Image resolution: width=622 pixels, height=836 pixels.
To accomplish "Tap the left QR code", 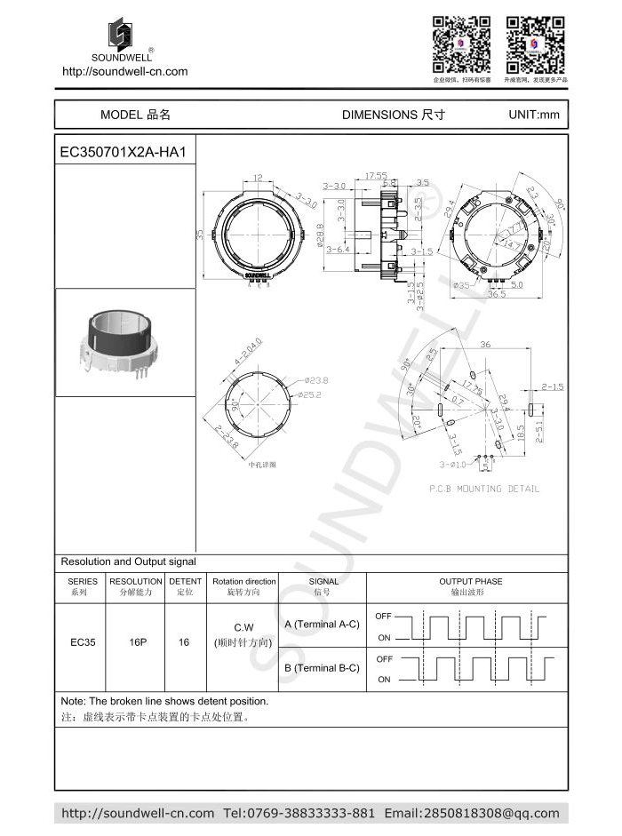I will click(x=461, y=44).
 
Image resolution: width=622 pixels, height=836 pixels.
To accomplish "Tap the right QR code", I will click(x=535, y=44).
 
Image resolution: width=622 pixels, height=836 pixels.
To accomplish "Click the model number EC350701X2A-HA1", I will click(x=122, y=152).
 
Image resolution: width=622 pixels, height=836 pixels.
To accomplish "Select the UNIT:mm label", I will click(x=534, y=115).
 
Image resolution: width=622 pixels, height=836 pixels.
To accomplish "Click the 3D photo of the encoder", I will click(x=125, y=342).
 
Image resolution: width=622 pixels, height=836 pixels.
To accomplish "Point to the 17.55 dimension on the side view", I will click(x=376, y=176).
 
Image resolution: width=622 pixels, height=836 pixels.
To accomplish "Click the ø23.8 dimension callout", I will click(x=316, y=380).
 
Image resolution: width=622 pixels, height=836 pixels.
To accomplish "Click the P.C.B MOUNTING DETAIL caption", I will click(x=483, y=489).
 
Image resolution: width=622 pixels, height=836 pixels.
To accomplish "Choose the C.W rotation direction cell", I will click(x=243, y=627).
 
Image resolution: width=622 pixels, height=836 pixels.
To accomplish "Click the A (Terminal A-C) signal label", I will click(x=322, y=625).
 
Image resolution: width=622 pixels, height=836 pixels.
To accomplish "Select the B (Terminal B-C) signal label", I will click(x=322, y=668).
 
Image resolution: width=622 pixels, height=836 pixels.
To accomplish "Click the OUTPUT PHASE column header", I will click(x=470, y=582).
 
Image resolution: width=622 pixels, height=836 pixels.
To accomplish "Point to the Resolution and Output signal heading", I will click(x=128, y=561).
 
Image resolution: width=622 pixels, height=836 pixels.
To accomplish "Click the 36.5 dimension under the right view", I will click(x=496, y=294).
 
